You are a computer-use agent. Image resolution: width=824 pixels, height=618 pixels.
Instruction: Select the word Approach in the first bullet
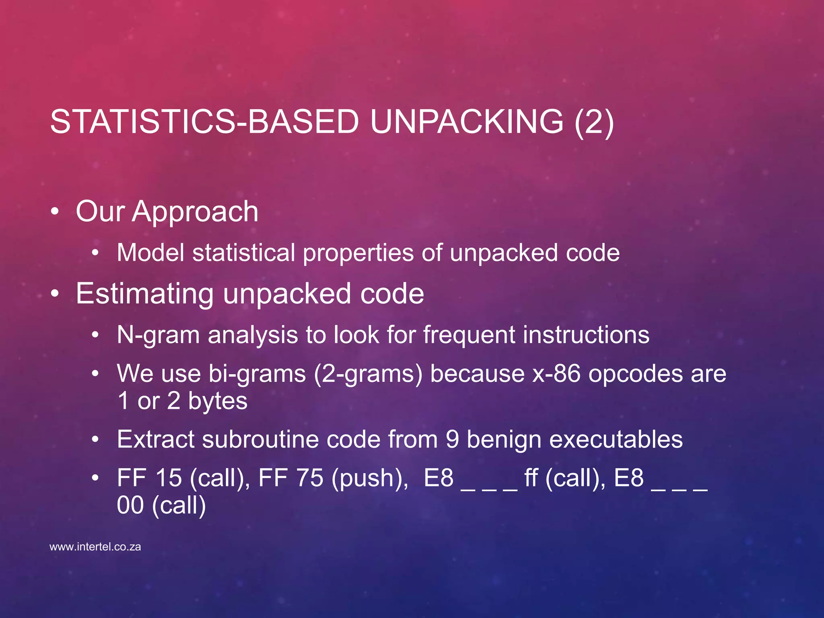click(195, 212)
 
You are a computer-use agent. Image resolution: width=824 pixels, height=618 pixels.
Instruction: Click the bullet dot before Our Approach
click(55, 212)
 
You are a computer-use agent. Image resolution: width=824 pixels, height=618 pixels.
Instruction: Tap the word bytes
click(217, 401)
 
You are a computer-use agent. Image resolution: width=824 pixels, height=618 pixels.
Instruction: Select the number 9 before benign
click(452, 439)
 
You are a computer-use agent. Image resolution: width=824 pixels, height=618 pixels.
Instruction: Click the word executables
click(616, 439)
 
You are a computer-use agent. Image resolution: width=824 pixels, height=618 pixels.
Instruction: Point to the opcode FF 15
click(149, 478)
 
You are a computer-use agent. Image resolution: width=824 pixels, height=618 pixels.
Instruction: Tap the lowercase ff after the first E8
click(531, 478)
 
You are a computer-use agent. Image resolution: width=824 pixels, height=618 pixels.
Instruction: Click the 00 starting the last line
click(130, 505)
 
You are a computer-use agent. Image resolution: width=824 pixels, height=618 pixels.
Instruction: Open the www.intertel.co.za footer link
click(95, 547)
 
